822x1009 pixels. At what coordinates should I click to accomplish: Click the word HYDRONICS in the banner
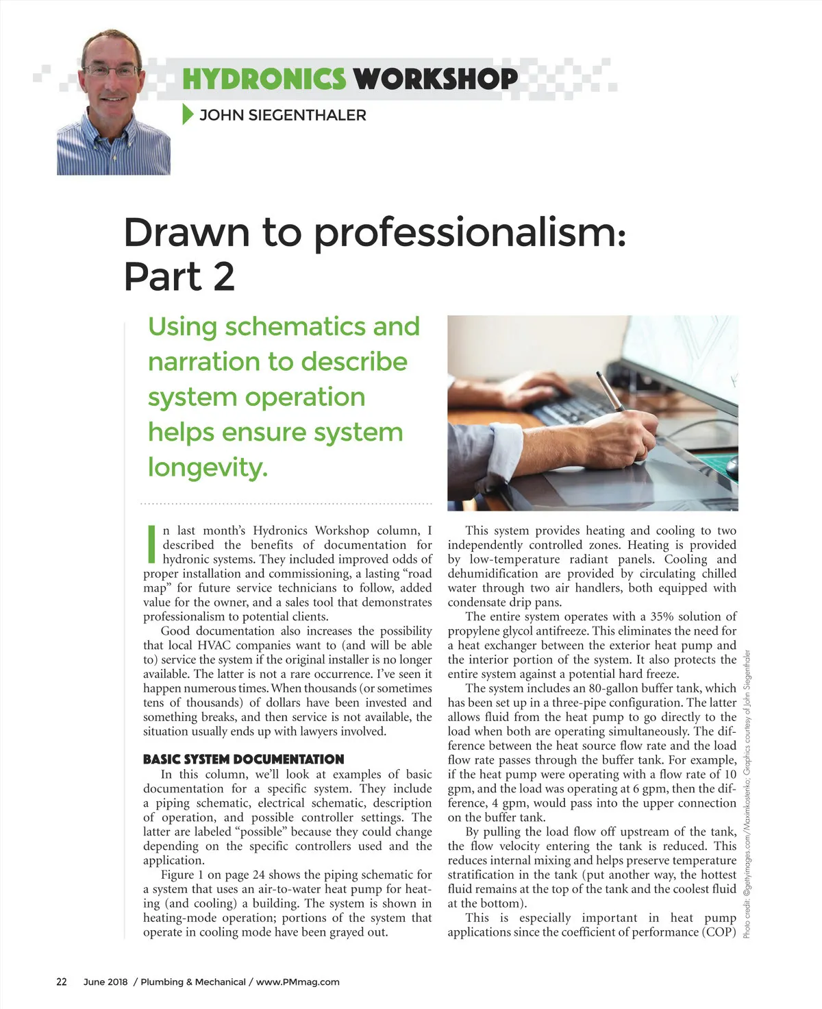pyautogui.click(x=264, y=79)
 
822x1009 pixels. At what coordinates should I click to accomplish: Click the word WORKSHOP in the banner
pyautogui.click(x=436, y=79)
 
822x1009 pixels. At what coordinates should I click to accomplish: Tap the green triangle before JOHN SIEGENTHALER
pyautogui.click(x=188, y=114)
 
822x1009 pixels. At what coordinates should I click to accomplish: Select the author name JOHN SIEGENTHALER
pyautogui.click(x=282, y=115)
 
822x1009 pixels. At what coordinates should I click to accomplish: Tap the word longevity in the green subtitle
pyautogui.click(x=206, y=467)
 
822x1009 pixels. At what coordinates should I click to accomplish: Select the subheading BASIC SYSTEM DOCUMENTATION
pyautogui.click(x=243, y=759)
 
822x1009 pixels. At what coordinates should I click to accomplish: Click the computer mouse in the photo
pyautogui.click(x=732, y=466)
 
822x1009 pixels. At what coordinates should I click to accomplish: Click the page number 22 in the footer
pyautogui.click(x=62, y=982)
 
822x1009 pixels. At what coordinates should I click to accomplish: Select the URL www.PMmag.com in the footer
pyautogui.click(x=297, y=982)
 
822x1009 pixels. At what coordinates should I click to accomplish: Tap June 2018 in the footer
pyautogui.click(x=105, y=982)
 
